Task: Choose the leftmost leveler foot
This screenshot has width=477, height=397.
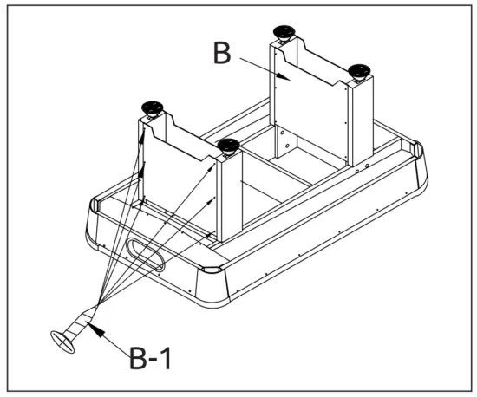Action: tap(154, 108)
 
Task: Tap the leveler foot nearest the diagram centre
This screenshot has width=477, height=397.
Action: tap(229, 146)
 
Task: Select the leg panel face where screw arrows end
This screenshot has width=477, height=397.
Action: tap(178, 186)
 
